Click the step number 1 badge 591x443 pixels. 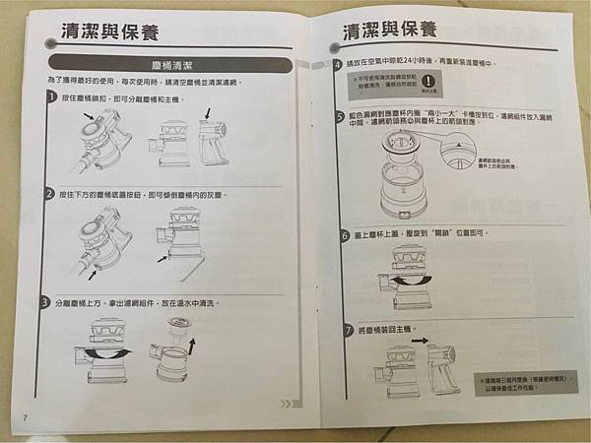point(50,99)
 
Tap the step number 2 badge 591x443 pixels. point(49,194)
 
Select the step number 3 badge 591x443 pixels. point(47,301)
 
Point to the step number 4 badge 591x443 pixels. point(338,64)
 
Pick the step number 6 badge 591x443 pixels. point(344,236)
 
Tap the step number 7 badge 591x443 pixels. point(346,326)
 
